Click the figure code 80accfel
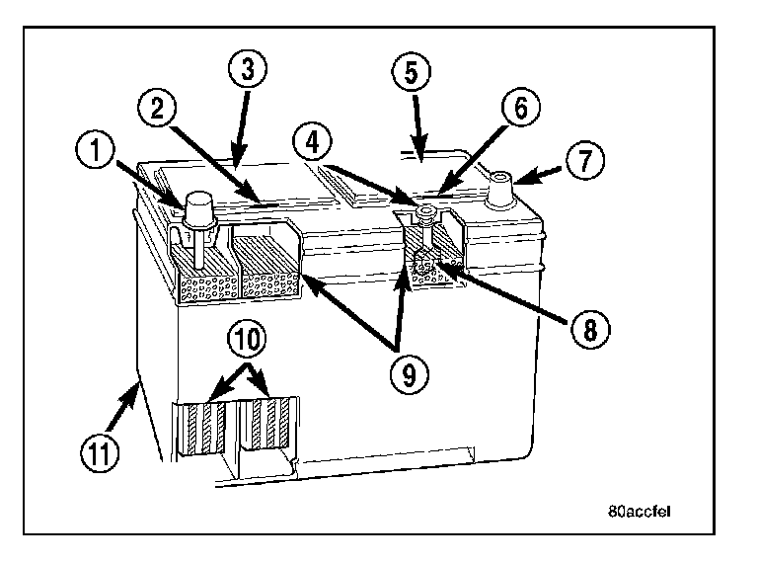(641, 513)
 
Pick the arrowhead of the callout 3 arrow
(236, 161)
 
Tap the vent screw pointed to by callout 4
(424, 212)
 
